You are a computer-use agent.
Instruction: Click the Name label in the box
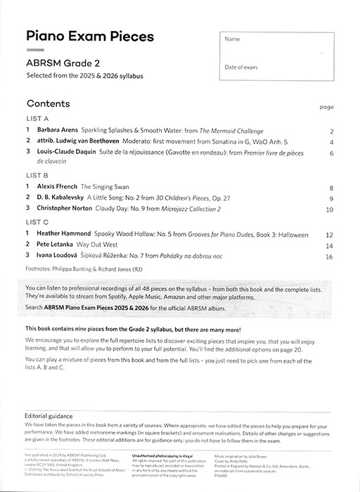point(232,39)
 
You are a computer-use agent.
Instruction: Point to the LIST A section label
point(37,119)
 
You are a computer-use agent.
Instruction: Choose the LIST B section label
point(37,175)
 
